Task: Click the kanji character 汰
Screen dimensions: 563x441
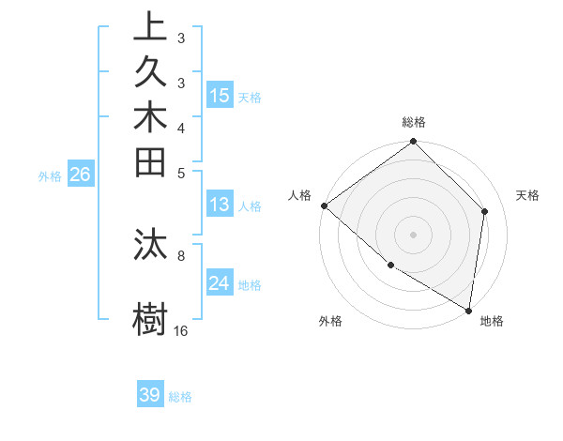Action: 151,243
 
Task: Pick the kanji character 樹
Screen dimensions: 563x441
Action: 151,317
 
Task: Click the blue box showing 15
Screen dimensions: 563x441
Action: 220,95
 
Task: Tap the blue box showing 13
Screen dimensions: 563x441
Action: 220,205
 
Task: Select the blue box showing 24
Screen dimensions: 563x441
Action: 220,283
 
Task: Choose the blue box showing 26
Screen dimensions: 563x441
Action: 81,174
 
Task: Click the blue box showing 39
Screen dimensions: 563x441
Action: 150,395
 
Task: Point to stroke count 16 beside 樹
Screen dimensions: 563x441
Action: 181,330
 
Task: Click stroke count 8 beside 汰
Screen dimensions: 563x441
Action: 181,253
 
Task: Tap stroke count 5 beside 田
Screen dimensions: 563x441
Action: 181,173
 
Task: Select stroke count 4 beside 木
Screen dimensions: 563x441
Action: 181,128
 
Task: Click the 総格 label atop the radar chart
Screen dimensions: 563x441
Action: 413,122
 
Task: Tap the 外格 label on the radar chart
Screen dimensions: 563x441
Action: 329,321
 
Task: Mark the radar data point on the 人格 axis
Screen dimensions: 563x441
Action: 324,205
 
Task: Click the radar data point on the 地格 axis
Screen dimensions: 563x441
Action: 468,310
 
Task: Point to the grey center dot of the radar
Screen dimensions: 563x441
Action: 413,235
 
